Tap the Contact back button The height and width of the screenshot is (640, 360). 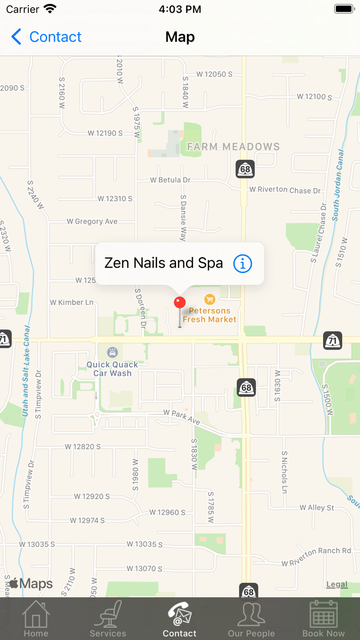(x=46, y=37)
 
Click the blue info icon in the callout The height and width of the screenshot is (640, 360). (x=243, y=263)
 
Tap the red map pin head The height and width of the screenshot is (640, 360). (x=179, y=303)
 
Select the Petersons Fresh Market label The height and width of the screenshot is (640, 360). (x=210, y=315)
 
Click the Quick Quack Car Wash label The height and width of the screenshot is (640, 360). (x=112, y=369)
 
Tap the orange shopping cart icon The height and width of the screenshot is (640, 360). (x=209, y=299)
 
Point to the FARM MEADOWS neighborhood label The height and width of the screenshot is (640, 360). (x=233, y=147)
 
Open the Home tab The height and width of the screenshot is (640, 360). (x=36, y=618)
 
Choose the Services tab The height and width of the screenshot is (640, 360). (x=108, y=618)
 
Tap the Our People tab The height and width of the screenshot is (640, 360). (x=251, y=618)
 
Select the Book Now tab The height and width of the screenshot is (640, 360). (x=323, y=618)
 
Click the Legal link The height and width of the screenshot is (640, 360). (x=337, y=584)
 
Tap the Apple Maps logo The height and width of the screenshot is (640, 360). (x=31, y=583)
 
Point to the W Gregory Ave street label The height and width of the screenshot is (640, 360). (x=92, y=221)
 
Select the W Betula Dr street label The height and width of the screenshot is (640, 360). (x=170, y=180)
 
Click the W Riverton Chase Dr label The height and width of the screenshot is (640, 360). (x=285, y=190)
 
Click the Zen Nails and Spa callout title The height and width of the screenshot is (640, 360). (x=164, y=263)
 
